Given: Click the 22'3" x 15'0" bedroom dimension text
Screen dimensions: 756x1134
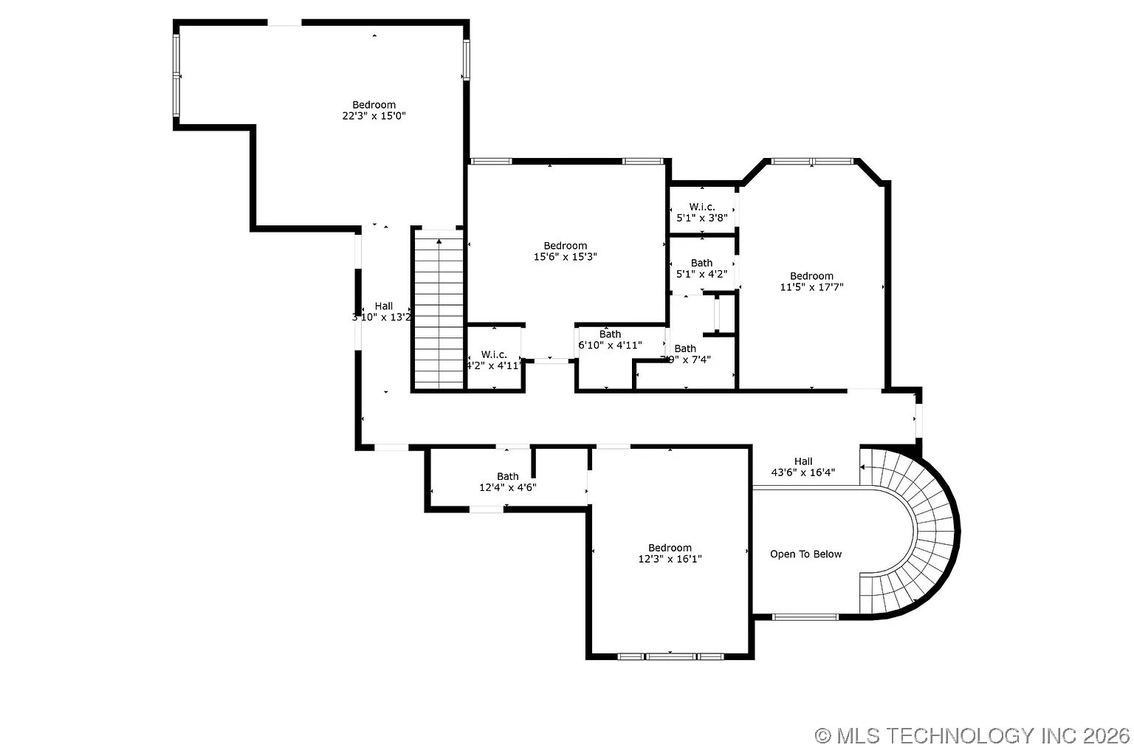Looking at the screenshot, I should point(374,116).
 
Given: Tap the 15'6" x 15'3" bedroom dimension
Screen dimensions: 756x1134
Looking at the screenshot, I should point(565,257).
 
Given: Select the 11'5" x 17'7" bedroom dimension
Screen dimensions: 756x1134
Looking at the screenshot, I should point(811,287).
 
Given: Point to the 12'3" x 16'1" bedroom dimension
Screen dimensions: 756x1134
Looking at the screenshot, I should point(670,559).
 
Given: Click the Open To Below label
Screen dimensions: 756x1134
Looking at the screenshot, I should point(805,554).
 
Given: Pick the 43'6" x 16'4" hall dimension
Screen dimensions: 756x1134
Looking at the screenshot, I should point(803,472).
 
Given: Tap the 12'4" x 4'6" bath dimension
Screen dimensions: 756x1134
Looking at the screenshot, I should point(507,487).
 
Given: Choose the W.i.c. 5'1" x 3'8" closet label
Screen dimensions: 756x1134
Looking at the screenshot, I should point(702,213).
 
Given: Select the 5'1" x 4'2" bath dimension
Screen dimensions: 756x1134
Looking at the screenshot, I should point(701,274).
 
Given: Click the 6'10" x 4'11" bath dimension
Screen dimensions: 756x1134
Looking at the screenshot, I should point(610,345).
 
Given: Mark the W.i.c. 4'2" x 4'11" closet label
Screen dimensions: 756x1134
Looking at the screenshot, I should point(494,360).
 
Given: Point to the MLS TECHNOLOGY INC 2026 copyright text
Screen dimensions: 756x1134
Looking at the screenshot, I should point(972,735).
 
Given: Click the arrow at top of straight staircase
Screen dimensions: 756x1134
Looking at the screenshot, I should point(439,241).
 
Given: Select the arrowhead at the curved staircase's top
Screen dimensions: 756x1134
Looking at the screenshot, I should point(863,467).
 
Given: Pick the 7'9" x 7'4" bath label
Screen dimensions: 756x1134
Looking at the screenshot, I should point(685,354).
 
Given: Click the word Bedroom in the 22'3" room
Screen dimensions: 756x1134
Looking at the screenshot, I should point(374,105).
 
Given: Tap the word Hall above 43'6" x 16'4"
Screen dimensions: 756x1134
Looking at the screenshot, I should point(803,461).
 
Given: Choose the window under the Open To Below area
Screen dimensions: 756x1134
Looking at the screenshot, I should point(805,617).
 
